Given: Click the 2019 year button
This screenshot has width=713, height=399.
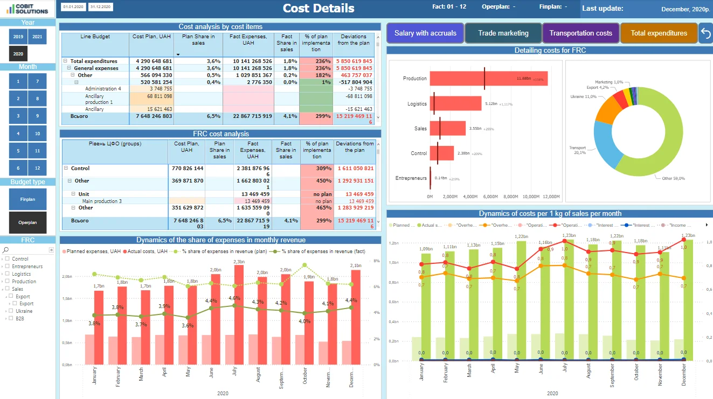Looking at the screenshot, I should [x=18, y=37].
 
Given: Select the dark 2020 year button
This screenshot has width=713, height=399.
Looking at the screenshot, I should [x=18, y=54].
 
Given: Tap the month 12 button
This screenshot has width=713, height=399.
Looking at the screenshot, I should [x=37, y=168].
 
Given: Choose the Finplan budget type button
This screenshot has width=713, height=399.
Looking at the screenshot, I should [x=27, y=199].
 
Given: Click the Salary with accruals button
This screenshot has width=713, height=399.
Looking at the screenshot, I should [x=425, y=33].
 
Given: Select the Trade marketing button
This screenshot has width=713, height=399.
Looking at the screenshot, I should [x=503, y=33].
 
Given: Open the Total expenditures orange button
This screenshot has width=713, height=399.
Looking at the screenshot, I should [x=659, y=33].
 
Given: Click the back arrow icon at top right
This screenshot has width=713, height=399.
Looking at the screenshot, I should [x=705, y=33].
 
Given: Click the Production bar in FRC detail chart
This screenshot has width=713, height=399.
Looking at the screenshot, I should [x=488, y=79].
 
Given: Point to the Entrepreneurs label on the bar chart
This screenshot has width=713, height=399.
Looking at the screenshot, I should [x=411, y=178].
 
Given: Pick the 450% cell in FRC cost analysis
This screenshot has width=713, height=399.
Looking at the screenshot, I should [x=316, y=181].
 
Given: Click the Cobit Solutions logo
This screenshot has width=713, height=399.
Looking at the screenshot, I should [x=27, y=8].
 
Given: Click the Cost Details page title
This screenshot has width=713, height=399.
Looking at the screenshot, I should [x=319, y=8].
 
